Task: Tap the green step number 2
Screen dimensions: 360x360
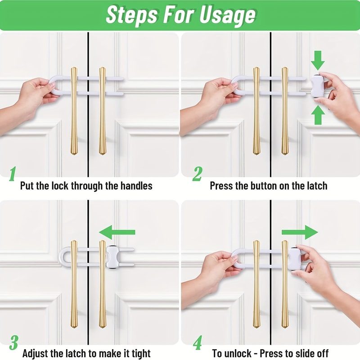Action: [197, 174]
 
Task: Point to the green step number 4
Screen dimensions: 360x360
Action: [197, 343]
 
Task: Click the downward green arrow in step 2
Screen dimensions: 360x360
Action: [318, 59]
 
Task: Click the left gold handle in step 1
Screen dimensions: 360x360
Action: [74, 110]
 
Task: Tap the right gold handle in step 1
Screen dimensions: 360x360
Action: [102, 110]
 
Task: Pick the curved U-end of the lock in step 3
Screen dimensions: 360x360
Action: [63, 255]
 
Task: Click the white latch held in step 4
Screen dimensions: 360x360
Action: [294, 257]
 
